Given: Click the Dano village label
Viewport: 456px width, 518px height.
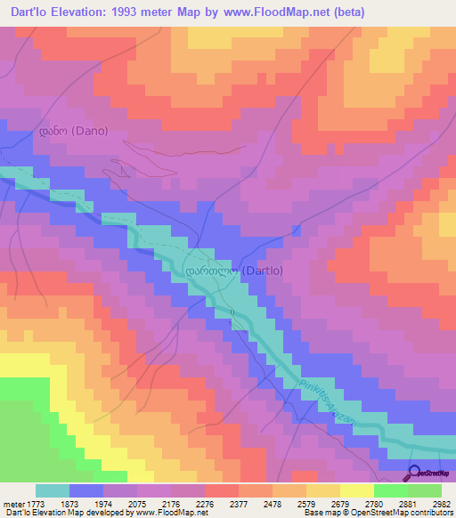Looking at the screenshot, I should [x=73, y=131].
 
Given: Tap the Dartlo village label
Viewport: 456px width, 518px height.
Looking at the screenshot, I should [x=232, y=271].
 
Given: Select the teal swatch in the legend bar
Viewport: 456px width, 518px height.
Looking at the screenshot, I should [x=53, y=490].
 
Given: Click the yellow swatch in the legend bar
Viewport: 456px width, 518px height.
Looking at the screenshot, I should [x=356, y=490].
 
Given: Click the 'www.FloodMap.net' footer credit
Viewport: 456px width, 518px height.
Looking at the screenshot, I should [x=161, y=513].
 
